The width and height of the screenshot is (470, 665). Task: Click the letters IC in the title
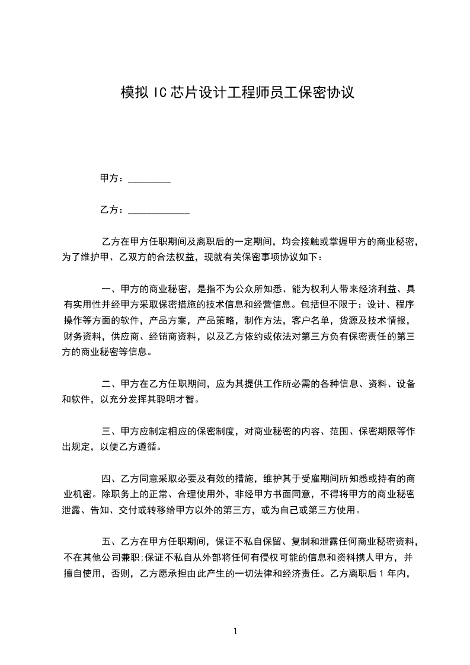point(159,92)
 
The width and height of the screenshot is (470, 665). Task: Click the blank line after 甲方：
point(149,179)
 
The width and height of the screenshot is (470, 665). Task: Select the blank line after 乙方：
point(159,210)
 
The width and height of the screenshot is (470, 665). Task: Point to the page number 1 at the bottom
point(235,631)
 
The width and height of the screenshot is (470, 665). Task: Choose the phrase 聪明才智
point(172,400)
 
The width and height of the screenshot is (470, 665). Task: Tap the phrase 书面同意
point(295,495)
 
